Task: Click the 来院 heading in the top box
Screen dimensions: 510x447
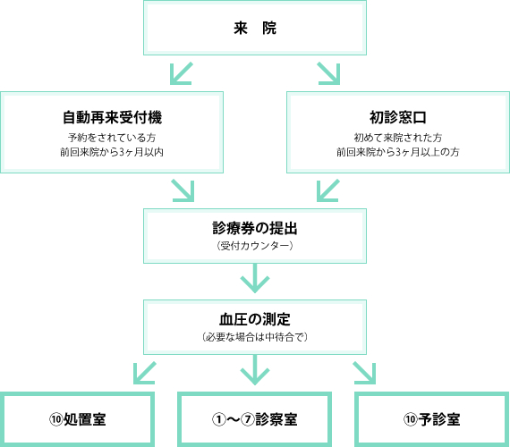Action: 255,28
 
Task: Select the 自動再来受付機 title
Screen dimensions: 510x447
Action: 112,117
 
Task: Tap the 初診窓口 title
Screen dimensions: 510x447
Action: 398,117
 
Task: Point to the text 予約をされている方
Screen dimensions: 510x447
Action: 112,138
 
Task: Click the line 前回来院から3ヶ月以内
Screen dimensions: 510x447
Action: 112,152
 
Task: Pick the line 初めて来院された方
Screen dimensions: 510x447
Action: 398,138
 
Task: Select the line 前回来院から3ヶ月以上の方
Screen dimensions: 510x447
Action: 398,152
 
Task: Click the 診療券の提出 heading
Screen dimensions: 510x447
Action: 255,228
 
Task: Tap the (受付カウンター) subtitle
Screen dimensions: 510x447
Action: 255,246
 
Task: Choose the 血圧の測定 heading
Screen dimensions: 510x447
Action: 255,319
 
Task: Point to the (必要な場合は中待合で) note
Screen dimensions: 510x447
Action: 255,337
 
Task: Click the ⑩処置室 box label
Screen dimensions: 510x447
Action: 78,419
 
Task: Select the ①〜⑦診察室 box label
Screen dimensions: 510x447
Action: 255,419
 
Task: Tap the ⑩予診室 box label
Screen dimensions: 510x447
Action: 432,419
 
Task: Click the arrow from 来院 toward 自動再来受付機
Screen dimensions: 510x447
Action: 181,74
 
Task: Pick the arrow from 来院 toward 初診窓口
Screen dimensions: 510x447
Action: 329,74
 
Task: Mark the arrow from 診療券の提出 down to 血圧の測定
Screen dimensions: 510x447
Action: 255,278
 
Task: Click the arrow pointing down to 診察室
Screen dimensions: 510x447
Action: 255,370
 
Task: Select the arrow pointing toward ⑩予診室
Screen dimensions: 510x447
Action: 365,373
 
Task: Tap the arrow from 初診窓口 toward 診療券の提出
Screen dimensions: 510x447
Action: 327,190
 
